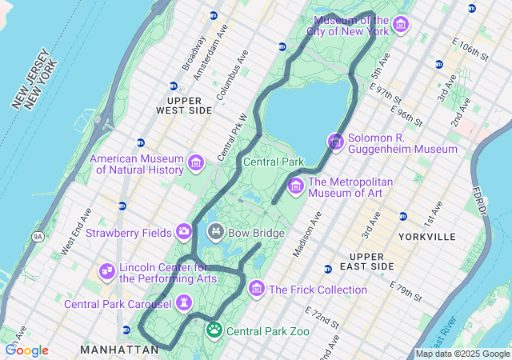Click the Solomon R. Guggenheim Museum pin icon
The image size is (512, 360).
pos(336,142)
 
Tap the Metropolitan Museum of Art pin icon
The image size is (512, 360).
pos(295,186)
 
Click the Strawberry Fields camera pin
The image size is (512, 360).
pos(185,232)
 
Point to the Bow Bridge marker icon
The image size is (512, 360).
pos(215,232)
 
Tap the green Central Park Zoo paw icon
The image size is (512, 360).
pos(214,330)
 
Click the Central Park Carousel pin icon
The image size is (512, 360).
pos(185,303)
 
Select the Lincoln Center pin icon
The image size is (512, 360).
pos(106,272)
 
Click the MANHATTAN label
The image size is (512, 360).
pos(119,350)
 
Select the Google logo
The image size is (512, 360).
pos(26,350)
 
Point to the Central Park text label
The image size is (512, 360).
pos(274,162)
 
